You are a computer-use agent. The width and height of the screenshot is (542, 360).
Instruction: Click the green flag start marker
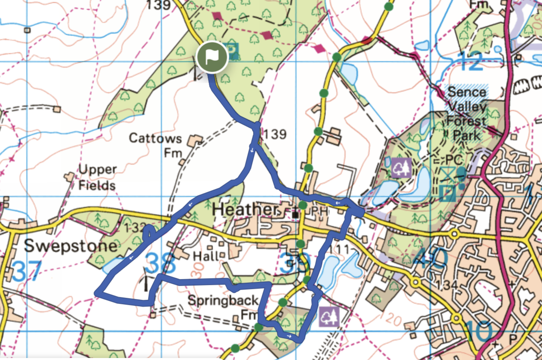click(x=212, y=57)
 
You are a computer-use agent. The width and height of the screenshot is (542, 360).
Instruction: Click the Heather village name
click(x=245, y=209)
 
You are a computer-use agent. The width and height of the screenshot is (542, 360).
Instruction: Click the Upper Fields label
click(x=97, y=177)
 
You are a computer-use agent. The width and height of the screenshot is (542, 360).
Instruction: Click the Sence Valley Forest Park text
click(x=467, y=113)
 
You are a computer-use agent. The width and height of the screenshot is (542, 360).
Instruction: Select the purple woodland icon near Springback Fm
click(x=328, y=316)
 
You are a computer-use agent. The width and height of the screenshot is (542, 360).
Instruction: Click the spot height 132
click(x=134, y=228)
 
